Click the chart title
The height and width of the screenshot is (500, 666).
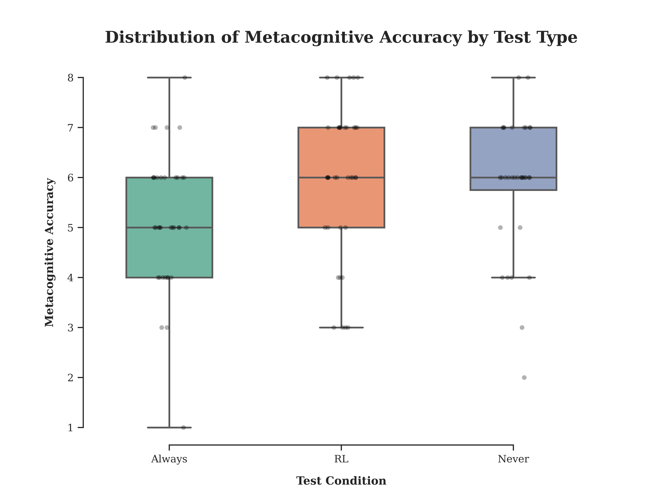point(341,38)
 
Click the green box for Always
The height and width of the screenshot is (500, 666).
point(169,227)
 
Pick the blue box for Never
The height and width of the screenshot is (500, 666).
point(513,159)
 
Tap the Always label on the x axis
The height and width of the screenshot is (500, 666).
point(169,459)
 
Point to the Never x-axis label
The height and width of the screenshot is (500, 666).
point(513,459)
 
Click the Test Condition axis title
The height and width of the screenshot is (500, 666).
point(341,481)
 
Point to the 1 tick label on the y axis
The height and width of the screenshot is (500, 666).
point(70,428)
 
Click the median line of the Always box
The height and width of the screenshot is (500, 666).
point(169,227)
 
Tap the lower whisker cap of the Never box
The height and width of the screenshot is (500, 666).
point(513,278)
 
